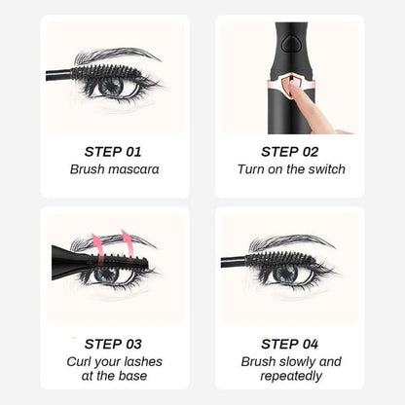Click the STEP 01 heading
pos(114,151)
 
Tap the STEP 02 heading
pos(289,151)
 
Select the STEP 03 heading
pos(114,343)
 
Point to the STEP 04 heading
pos(289,343)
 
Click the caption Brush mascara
pos(114,169)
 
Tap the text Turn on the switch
pos(289,169)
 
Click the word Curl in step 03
pos(83,361)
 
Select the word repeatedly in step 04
pos(289,377)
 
